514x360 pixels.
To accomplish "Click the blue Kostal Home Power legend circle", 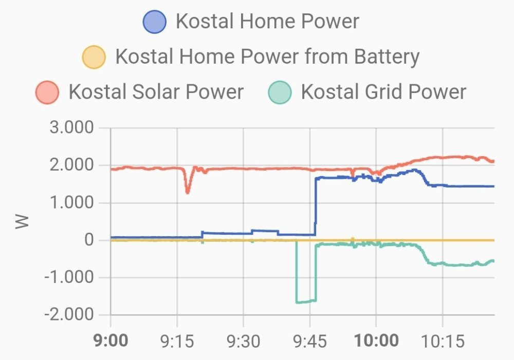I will (155, 22).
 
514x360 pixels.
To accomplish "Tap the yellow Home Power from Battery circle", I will (94, 56).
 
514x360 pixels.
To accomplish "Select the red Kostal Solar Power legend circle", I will (47, 92).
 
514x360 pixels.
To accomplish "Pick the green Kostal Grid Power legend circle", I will (280, 92).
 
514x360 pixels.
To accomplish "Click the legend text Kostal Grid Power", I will (383, 92).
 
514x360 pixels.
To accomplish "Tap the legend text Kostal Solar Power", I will (156, 92).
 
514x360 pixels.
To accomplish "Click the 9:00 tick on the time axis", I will (111, 340).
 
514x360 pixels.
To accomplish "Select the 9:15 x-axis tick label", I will (177, 340).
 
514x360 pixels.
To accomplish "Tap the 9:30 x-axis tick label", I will (243, 340).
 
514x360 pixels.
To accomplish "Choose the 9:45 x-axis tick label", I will (309, 340).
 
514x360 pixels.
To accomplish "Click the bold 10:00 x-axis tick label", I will (376, 340).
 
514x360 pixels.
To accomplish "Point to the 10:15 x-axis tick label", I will (442, 340).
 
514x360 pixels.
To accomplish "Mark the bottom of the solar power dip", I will (188, 192).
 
